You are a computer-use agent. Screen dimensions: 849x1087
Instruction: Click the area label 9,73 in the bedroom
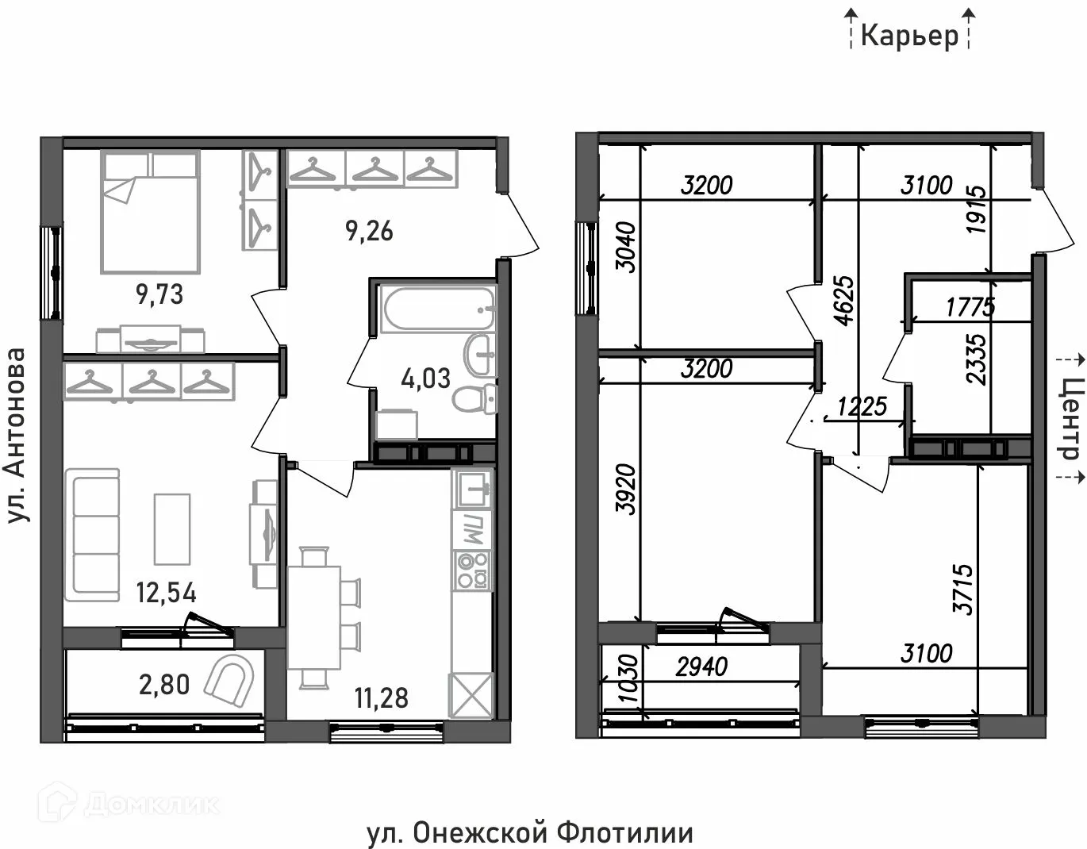coord(159,294)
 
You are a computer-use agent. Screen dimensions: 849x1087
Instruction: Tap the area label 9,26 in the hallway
coord(369,232)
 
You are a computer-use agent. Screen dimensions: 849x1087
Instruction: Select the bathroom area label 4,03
coord(425,378)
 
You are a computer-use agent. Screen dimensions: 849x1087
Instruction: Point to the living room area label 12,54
coord(166,592)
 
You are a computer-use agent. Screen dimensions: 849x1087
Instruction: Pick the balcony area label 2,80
coord(164,683)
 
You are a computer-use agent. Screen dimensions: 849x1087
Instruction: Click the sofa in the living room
coord(93,529)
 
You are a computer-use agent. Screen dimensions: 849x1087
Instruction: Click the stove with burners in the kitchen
coord(472,570)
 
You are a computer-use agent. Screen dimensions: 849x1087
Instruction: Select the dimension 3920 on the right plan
coord(627,490)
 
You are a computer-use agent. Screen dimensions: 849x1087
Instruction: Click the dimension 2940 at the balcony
coord(701,666)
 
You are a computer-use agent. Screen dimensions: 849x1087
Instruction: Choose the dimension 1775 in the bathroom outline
coord(970,306)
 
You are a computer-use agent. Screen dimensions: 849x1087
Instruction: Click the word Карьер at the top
coord(909,36)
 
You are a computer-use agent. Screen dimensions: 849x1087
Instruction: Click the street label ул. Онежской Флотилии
coord(529,833)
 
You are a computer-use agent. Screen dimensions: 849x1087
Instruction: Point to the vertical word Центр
coord(1070,418)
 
